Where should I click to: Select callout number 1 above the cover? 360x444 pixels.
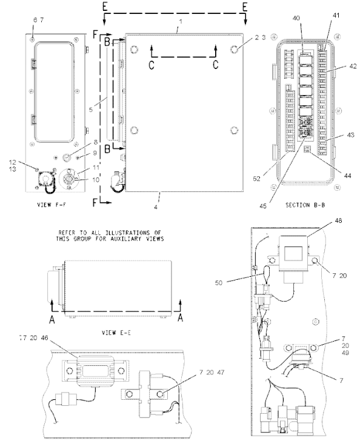point(179,21)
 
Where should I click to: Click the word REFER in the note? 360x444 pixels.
point(69,232)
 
